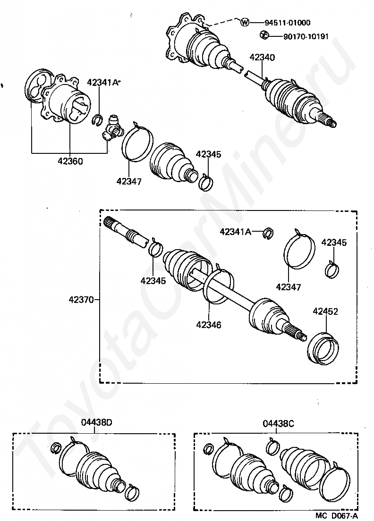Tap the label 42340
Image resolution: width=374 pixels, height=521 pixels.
point(262,58)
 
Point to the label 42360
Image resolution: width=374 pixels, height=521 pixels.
point(70,161)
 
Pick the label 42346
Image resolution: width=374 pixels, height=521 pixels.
point(209,325)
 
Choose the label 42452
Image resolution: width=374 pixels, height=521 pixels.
point(325,312)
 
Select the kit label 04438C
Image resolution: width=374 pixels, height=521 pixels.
point(279,423)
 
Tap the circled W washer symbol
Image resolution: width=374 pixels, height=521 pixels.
point(245,22)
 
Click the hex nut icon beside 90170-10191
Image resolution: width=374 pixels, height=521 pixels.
point(265,35)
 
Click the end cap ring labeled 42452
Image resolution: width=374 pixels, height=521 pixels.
point(323,350)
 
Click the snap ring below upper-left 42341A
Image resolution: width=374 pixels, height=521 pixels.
point(98,120)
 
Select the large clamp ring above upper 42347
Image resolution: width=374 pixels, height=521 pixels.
point(137,142)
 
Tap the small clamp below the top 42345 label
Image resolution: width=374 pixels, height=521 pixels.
point(206,181)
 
